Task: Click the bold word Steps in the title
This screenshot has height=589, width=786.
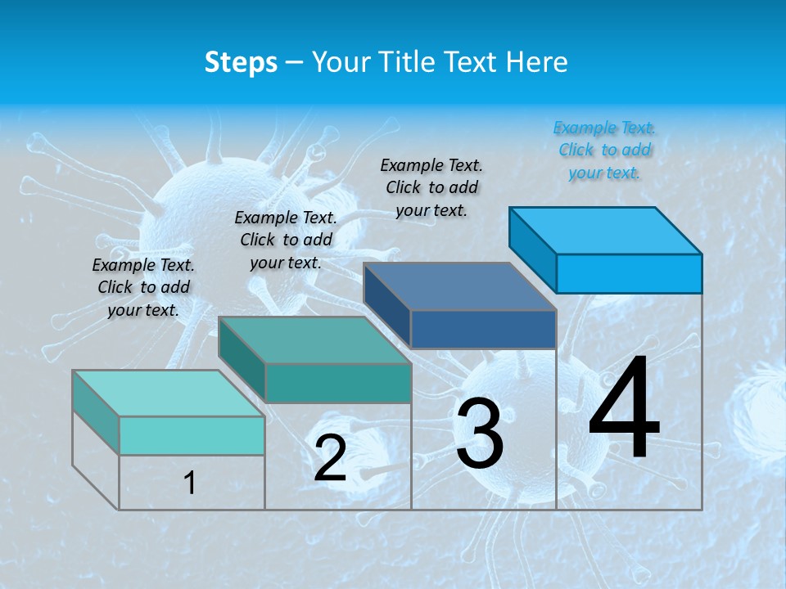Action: [x=241, y=62]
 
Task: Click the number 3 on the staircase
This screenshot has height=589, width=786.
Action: [x=480, y=434]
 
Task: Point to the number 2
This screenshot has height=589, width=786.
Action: [x=330, y=459]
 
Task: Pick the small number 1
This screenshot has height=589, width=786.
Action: [x=190, y=483]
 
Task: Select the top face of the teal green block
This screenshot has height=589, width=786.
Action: [x=314, y=339]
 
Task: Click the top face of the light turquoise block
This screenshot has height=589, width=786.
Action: [x=169, y=393]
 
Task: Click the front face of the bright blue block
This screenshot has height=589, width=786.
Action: [x=629, y=273]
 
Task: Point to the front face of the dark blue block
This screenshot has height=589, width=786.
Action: [x=483, y=329]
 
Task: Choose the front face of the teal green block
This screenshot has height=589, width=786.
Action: [x=337, y=383]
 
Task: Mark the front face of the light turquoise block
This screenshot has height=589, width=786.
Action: [x=192, y=435]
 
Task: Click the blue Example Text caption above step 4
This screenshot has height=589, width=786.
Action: [x=604, y=150]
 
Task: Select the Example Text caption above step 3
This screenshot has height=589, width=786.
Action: [x=431, y=187]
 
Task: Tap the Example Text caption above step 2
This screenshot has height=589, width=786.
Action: [x=286, y=240]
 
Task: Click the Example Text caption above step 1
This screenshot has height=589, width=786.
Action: [x=143, y=287]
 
